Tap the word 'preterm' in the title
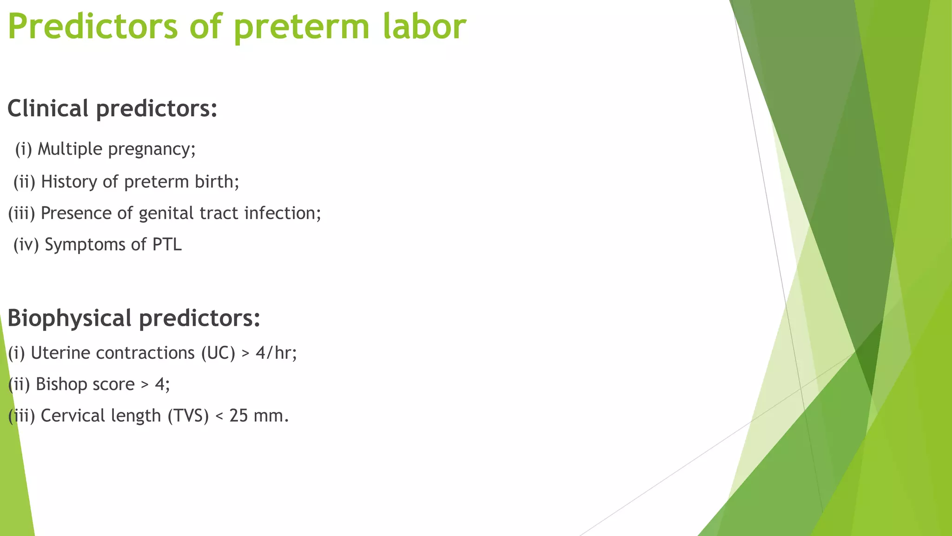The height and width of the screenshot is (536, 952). [301, 27]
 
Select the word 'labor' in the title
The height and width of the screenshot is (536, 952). [424, 27]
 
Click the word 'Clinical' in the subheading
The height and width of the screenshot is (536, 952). [48, 108]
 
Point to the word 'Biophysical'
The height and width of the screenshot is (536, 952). [69, 318]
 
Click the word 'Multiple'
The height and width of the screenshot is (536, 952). [70, 149]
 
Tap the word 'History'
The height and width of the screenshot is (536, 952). [69, 181]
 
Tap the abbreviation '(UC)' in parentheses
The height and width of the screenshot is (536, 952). [218, 353]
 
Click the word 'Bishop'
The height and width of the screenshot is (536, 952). [61, 385]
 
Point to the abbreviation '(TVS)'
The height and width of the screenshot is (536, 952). [188, 415]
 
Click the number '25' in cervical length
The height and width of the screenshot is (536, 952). [238, 415]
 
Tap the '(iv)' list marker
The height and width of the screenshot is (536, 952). [26, 245]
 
